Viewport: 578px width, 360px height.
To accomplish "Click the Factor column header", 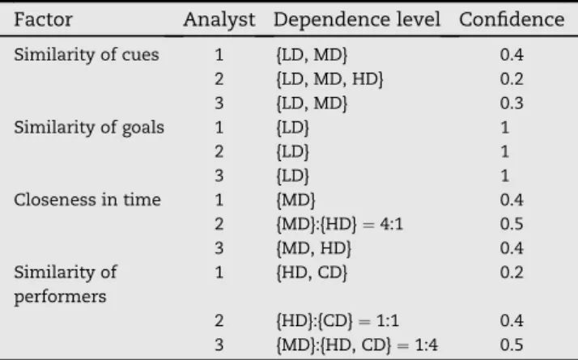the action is tap(43, 19).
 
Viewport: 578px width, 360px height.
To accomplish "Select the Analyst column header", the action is tap(219, 20).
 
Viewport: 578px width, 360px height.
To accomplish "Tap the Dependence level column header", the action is tap(357, 19).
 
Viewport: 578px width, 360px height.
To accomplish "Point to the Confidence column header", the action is tap(512, 19).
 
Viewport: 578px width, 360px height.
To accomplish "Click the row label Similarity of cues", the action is tap(87, 55).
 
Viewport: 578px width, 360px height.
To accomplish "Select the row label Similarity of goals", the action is tap(89, 128).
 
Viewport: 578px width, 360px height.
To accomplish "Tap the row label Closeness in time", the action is tap(87, 200).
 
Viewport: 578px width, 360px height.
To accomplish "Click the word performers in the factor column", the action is tap(60, 297).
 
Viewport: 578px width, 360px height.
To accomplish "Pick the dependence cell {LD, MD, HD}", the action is tap(330, 79).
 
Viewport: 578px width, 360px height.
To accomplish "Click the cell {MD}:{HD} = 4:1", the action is tap(339, 224).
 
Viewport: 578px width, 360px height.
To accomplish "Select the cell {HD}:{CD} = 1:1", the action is tap(338, 320).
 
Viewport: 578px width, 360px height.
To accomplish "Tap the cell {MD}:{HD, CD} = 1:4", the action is tap(357, 345).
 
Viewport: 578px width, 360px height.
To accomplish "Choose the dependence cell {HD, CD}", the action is tap(312, 273).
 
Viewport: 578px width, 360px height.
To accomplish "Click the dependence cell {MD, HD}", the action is tap(314, 248).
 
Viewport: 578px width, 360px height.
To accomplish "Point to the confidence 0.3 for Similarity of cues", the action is tap(512, 104).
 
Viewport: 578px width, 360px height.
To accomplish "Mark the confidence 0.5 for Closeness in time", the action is tap(512, 224).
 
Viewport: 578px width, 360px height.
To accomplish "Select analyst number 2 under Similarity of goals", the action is tap(219, 152).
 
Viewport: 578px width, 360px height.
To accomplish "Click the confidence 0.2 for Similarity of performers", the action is tap(512, 273).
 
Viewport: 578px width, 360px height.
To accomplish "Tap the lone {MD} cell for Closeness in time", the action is tap(296, 200).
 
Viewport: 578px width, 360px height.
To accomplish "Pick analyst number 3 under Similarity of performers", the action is tap(219, 345).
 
